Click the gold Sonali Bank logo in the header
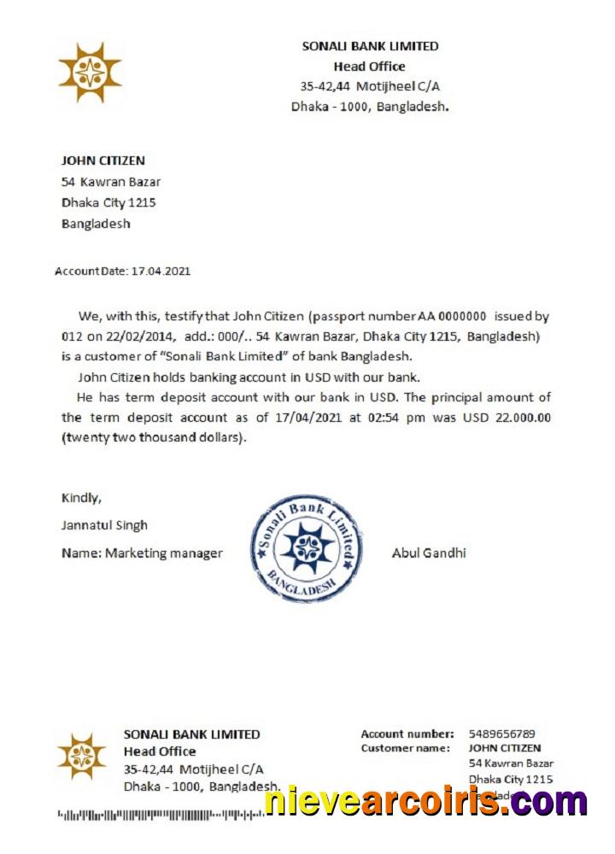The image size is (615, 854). (90, 73)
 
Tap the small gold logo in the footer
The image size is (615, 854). (81, 757)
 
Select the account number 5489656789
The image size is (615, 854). (501, 734)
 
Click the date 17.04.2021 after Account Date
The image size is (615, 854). (161, 272)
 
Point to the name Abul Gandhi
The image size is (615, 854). (429, 553)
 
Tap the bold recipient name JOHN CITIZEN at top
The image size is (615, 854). (103, 161)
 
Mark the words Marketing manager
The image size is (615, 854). (164, 553)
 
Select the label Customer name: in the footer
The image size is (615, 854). (405, 748)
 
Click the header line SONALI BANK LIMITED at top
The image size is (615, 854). (370, 47)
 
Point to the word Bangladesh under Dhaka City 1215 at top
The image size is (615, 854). (96, 224)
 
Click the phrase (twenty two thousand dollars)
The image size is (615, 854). (153, 438)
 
